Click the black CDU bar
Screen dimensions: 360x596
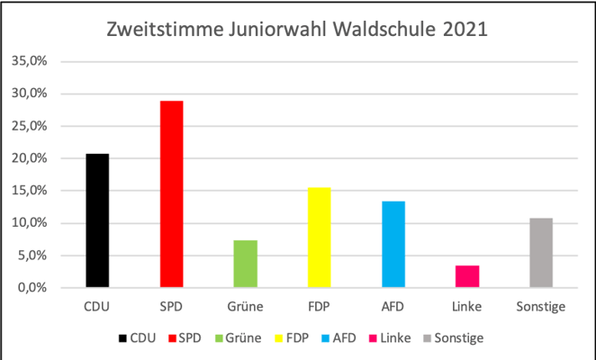[x=97, y=220]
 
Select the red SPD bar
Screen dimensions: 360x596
[x=172, y=194]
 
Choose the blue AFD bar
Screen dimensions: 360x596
[x=393, y=244]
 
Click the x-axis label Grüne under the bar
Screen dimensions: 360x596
[x=246, y=308]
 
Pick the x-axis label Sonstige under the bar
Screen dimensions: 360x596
[x=541, y=308]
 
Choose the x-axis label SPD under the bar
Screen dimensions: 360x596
[x=172, y=308]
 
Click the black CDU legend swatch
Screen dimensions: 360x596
[x=122, y=338]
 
